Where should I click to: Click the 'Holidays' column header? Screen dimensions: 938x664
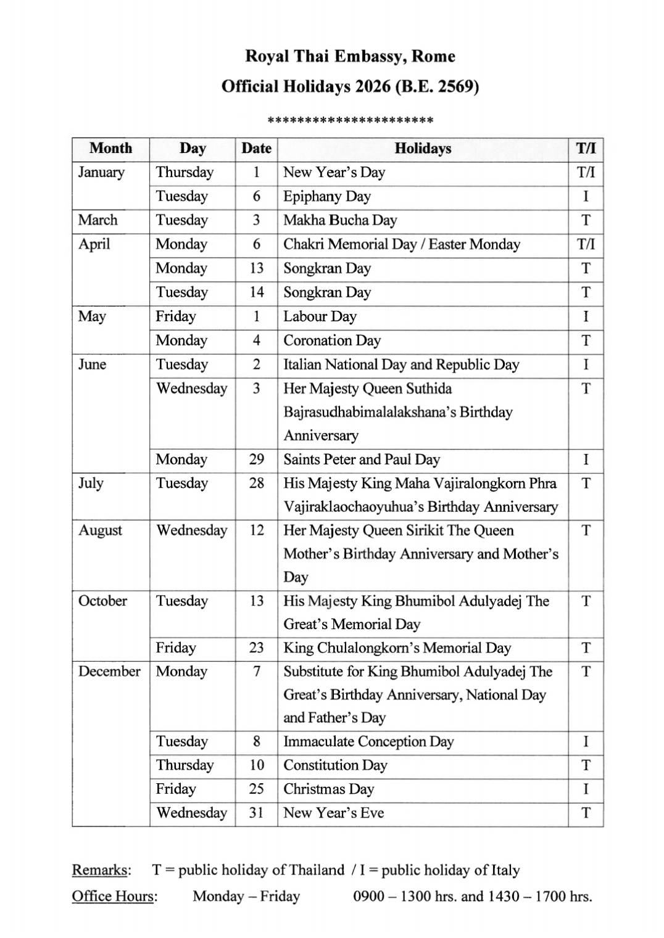click(x=423, y=149)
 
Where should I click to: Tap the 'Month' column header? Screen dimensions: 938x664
click(x=110, y=149)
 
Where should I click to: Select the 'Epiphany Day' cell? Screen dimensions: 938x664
click(x=327, y=197)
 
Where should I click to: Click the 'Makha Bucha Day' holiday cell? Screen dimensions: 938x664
click(x=340, y=220)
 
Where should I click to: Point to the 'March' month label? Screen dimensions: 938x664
click(x=98, y=220)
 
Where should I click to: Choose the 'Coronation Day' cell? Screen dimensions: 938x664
click(x=332, y=340)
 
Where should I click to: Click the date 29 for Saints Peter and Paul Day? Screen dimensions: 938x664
click(x=256, y=459)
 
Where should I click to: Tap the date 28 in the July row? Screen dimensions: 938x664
click(x=256, y=483)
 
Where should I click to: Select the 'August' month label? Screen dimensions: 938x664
click(x=100, y=531)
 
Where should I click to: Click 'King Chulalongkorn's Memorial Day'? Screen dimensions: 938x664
click(x=397, y=648)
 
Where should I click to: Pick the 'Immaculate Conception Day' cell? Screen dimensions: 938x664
click(x=368, y=742)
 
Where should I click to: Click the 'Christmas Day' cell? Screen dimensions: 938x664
click(x=329, y=789)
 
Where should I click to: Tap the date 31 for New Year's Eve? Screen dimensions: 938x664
click(x=256, y=813)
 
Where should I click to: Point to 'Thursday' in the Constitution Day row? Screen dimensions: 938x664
click(x=185, y=765)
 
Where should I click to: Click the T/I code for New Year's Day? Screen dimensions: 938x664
click(x=586, y=173)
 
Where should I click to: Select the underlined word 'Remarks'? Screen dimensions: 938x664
click(x=101, y=870)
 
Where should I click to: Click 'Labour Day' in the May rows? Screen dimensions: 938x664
click(x=320, y=317)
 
